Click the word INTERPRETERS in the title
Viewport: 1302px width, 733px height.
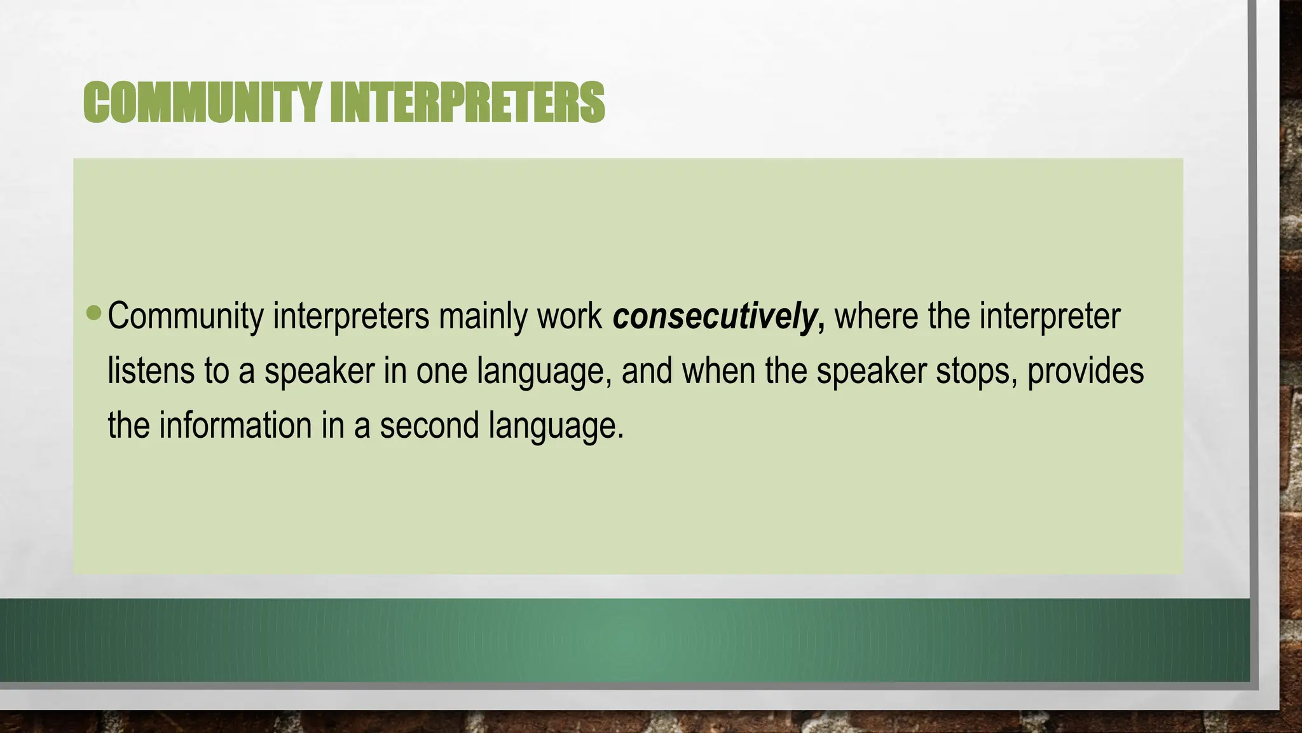tap(467, 102)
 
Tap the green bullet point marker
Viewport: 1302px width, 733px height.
tap(93, 312)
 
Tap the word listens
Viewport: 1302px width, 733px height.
tap(151, 371)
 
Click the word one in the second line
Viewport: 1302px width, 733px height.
tap(442, 371)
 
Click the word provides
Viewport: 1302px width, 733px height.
tap(1085, 371)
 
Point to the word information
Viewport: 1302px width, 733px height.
tap(235, 426)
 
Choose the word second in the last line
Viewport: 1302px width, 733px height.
tap(429, 426)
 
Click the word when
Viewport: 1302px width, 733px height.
tap(719, 371)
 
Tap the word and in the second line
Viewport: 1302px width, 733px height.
tap(647, 371)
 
